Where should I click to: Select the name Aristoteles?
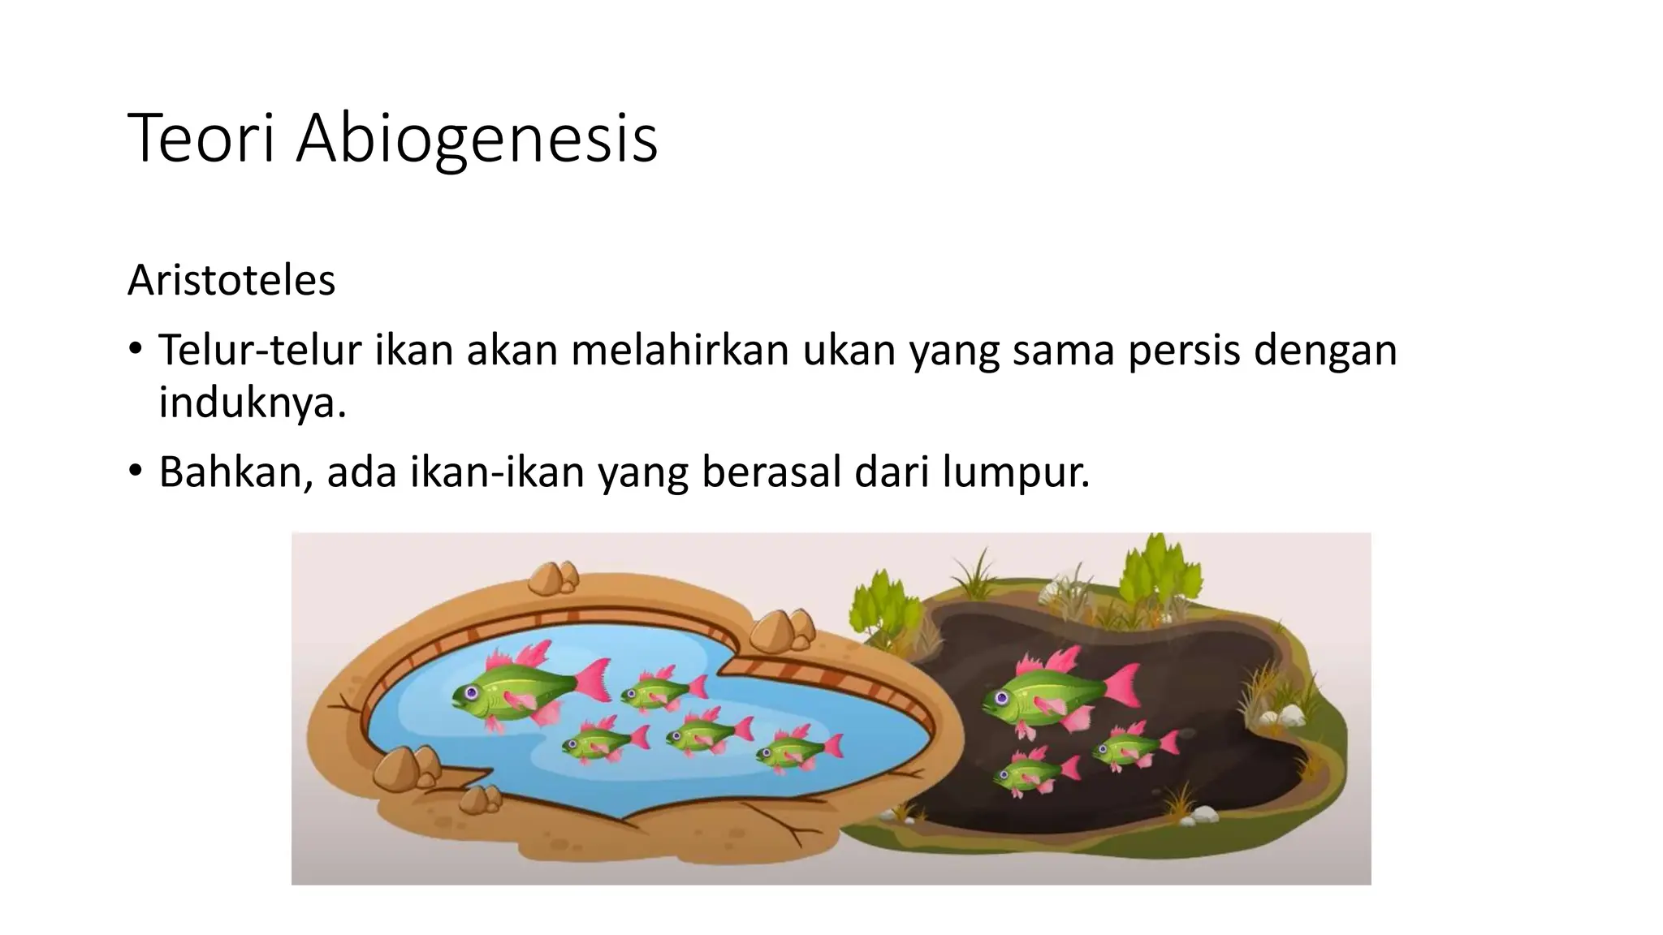(x=231, y=281)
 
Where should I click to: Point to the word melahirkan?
(x=680, y=350)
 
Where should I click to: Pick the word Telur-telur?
(x=259, y=350)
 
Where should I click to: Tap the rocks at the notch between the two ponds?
(x=783, y=630)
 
